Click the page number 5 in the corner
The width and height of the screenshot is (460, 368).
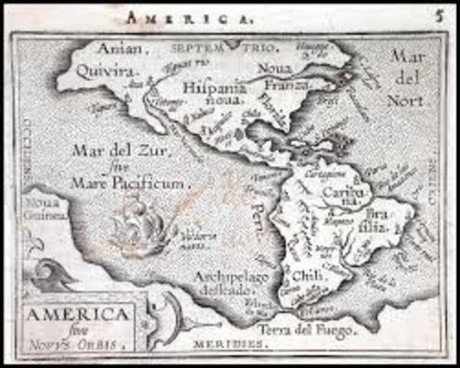pyautogui.click(x=438, y=14)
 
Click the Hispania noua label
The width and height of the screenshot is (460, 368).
pyautogui.click(x=213, y=93)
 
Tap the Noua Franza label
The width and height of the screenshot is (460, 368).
pyautogui.click(x=279, y=77)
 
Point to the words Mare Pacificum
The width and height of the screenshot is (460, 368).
pyautogui.click(x=128, y=182)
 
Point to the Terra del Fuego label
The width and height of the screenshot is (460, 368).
pyautogui.click(x=306, y=330)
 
